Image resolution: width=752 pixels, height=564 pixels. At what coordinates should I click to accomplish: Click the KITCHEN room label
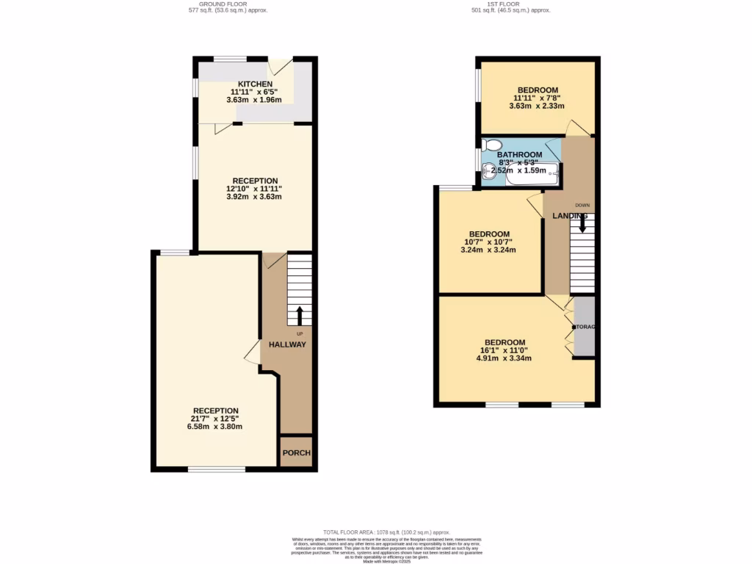[x=254, y=84]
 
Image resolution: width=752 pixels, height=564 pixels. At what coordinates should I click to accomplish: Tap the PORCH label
[x=296, y=453]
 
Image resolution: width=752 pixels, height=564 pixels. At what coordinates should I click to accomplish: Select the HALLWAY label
[x=286, y=344]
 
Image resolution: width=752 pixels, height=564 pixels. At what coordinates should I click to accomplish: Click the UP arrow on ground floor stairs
[x=299, y=316]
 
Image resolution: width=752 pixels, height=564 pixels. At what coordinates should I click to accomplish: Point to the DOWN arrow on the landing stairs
[x=582, y=224]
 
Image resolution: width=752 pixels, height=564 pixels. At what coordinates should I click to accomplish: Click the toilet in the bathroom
[x=491, y=145]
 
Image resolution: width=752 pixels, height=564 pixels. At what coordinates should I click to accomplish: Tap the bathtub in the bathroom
[x=532, y=175]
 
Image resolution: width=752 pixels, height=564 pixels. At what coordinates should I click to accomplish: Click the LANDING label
[x=570, y=216]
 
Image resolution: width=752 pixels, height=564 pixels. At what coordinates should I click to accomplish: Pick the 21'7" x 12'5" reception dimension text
[x=216, y=419]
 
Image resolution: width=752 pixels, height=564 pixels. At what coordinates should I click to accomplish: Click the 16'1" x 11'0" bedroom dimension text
[x=505, y=350]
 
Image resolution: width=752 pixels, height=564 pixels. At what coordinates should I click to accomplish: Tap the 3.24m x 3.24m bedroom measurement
[x=488, y=250]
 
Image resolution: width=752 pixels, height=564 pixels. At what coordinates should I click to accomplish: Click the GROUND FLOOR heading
[x=228, y=4]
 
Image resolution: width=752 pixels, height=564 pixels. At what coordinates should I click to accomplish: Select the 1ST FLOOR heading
[x=511, y=4]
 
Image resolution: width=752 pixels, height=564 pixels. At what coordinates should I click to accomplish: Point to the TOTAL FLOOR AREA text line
[x=386, y=532]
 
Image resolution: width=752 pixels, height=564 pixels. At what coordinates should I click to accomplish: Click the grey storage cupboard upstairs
[x=584, y=326]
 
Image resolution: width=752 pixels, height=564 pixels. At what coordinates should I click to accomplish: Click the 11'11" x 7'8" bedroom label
[x=538, y=98]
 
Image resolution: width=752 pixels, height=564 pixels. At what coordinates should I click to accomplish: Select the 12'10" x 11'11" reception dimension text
[x=255, y=189]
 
